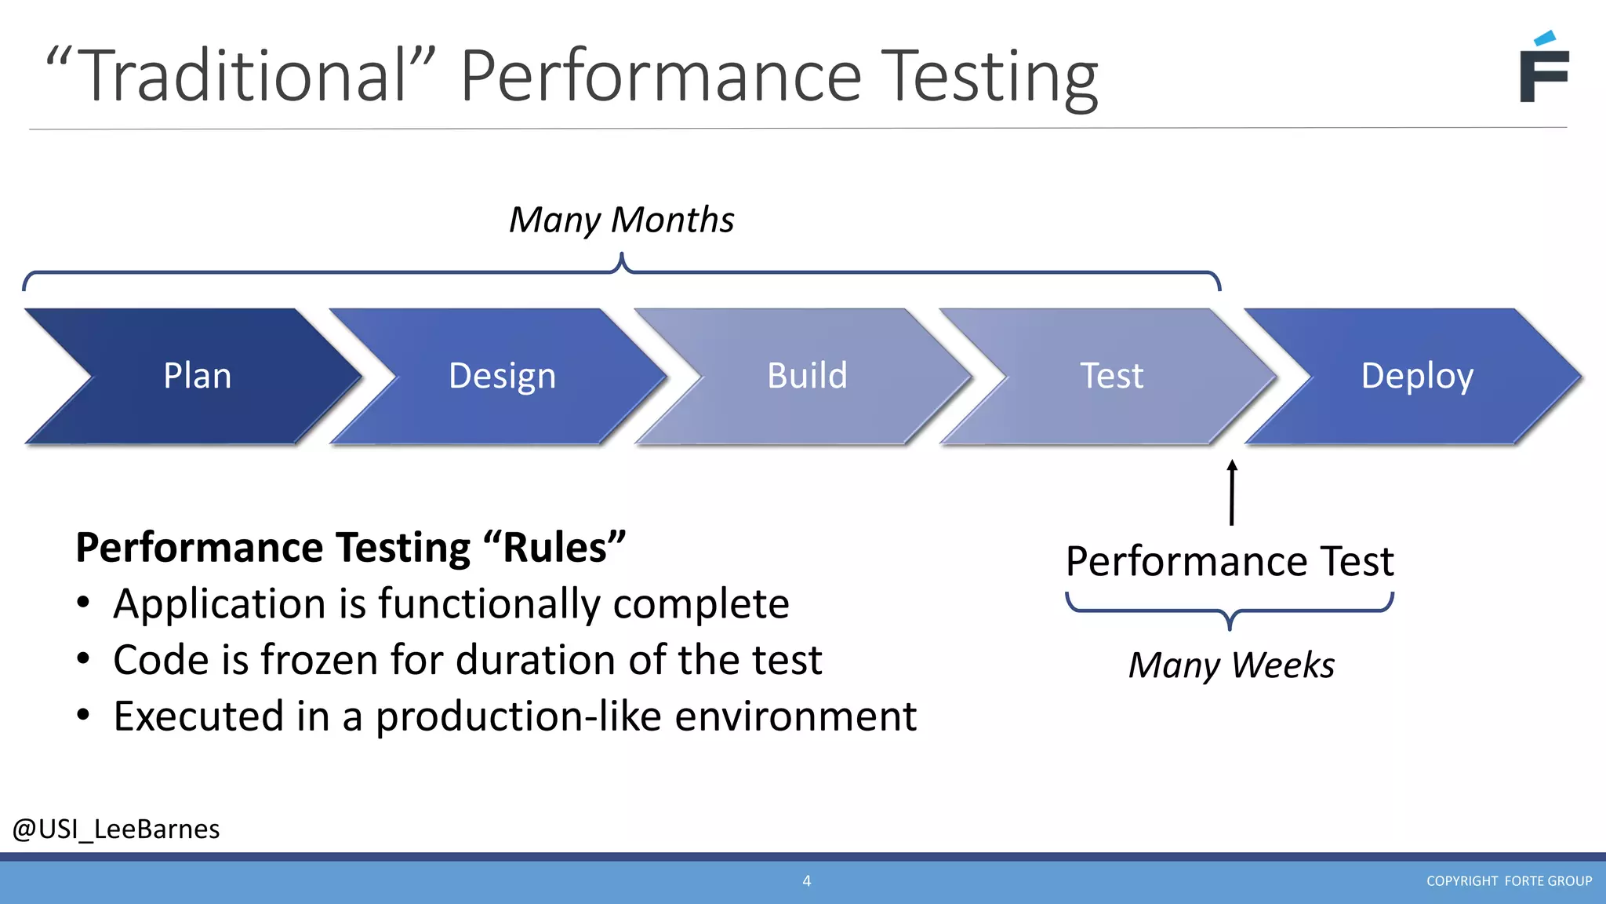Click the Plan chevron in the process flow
[196, 376]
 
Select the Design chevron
[502, 376]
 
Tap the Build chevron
[807, 376]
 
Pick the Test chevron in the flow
[1111, 376]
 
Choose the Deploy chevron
[1416, 376]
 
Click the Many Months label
[621, 220]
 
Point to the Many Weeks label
[1231, 665]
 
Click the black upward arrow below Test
[1232, 493]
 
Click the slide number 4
[806, 881]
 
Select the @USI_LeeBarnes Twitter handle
[116, 829]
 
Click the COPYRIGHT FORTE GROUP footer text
[1509, 881]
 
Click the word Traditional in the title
[243, 76]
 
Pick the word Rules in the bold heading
[554, 548]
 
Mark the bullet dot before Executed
[84, 715]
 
